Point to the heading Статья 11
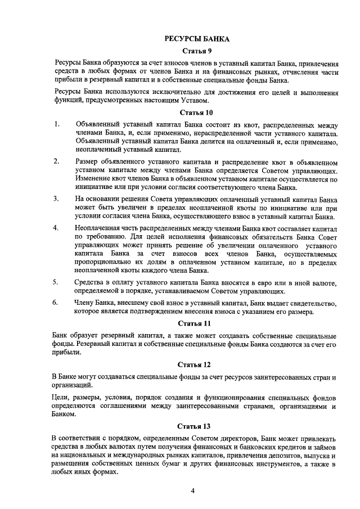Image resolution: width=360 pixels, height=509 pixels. coord(193,324)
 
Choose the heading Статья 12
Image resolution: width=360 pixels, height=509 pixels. coord(193,365)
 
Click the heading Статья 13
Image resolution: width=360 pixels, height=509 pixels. coord(193,426)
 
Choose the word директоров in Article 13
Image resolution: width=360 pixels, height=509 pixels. coord(235,438)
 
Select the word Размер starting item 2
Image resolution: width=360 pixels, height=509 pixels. coord(85,162)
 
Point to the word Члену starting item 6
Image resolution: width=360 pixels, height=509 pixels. coord(84,303)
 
